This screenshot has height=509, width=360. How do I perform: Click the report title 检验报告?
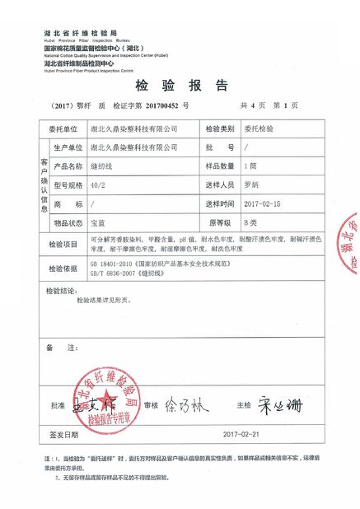(x=179, y=86)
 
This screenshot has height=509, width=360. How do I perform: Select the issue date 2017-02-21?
(x=241, y=433)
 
